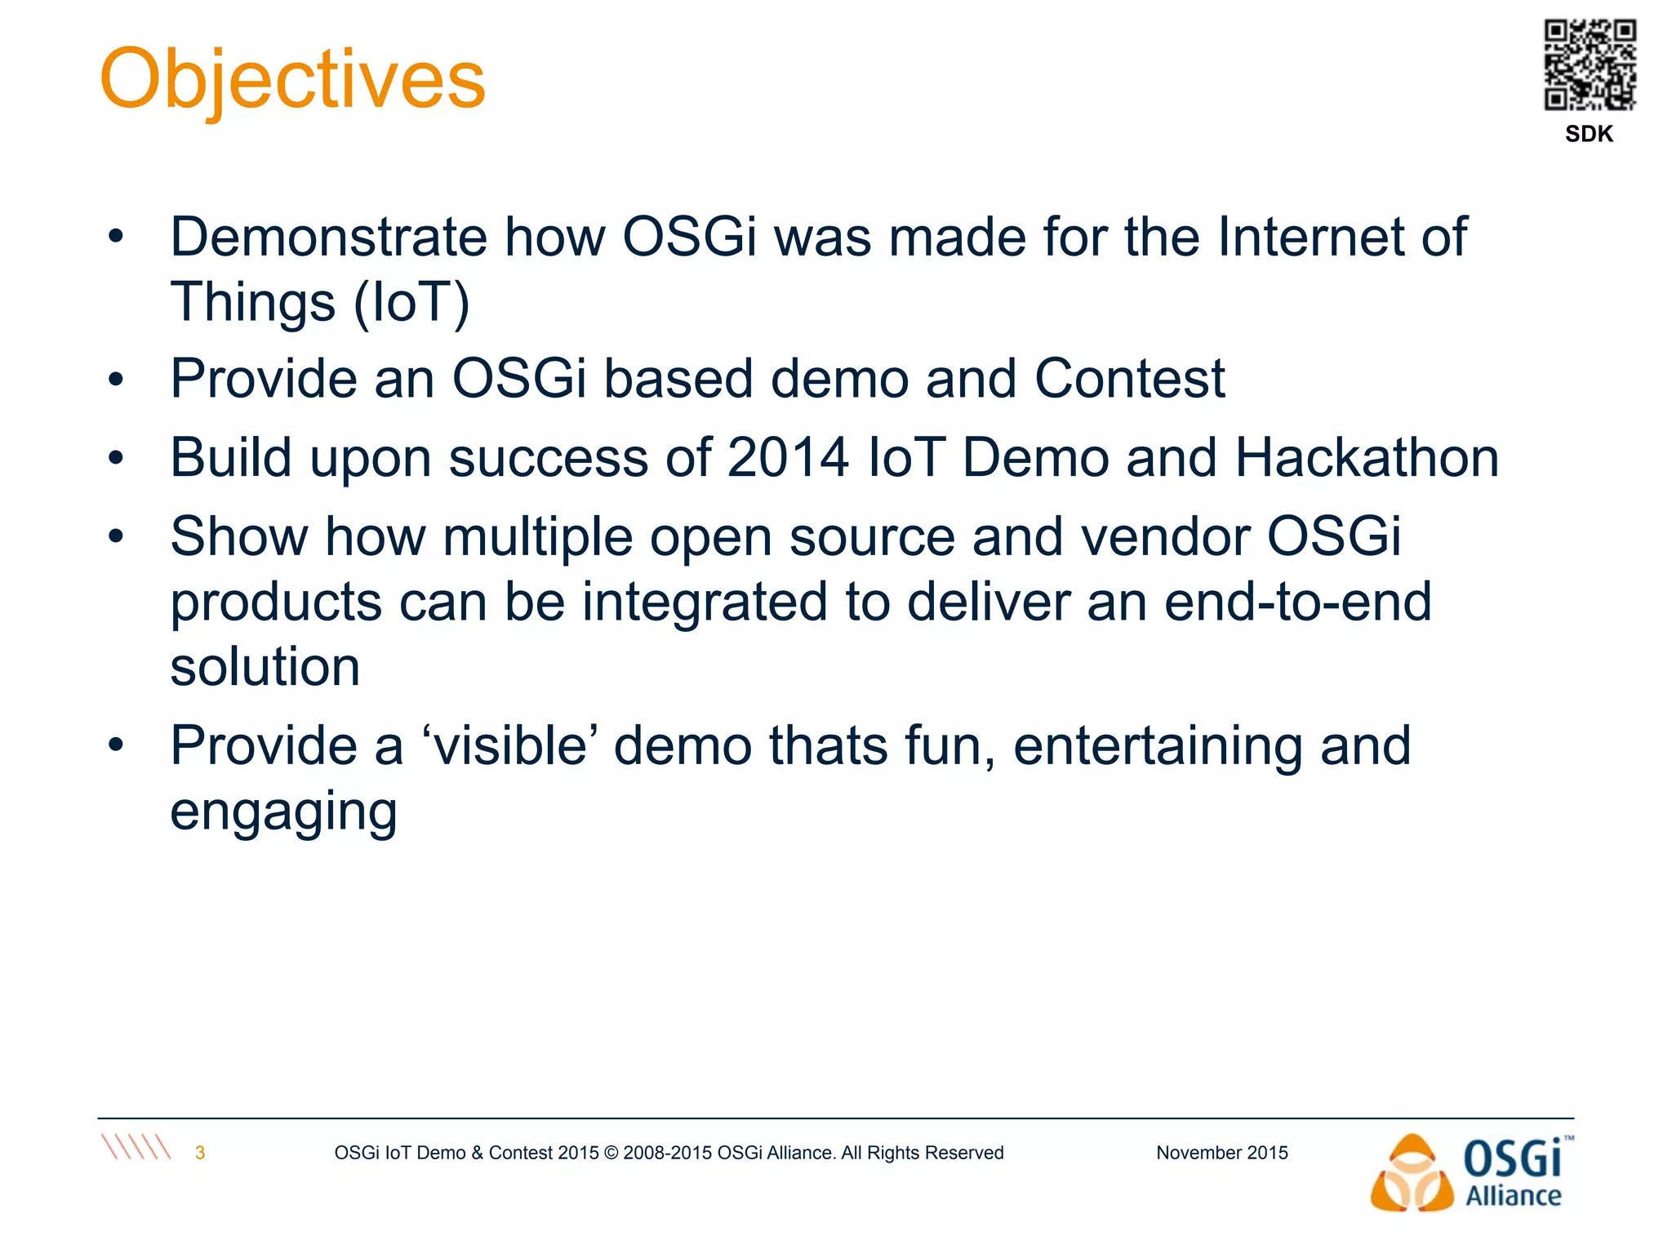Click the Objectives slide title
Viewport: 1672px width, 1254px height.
point(292,80)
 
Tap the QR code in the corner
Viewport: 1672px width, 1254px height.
point(1590,64)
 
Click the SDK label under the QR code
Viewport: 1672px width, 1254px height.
point(1589,134)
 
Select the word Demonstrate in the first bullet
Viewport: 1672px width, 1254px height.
point(328,238)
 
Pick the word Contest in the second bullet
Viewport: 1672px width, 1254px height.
point(1129,379)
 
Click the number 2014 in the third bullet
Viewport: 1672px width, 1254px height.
point(787,457)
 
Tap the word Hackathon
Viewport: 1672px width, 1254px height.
point(1367,457)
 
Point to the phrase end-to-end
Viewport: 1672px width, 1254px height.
point(1297,602)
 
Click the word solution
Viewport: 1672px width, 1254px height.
point(265,667)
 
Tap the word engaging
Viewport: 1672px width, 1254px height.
point(283,812)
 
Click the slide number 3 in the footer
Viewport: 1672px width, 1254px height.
point(200,1153)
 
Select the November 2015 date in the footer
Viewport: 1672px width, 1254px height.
point(1221,1153)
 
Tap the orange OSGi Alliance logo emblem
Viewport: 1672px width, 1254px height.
point(1412,1174)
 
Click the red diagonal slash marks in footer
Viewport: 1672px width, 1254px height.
point(136,1147)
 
